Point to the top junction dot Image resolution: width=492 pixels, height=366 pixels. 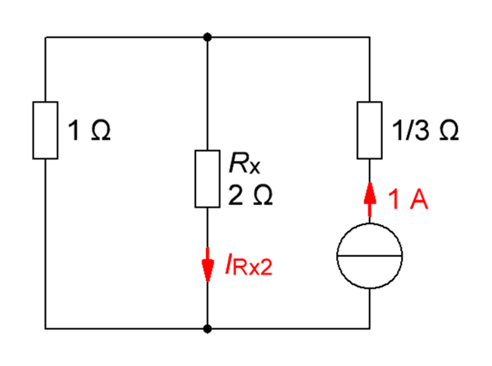[208, 38]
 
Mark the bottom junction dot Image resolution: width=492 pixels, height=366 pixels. [208, 328]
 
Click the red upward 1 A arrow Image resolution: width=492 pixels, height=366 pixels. [369, 199]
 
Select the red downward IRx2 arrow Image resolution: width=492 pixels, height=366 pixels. [208, 264]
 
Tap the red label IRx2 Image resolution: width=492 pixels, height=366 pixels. [249, 266]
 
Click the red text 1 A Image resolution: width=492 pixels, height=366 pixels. [408, 199]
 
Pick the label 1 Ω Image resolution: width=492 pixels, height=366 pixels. [89, 130]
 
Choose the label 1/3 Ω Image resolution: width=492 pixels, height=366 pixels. [425, 130]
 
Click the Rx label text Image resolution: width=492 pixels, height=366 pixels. [244, 163]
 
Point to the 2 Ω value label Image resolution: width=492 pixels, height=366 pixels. [250, 195]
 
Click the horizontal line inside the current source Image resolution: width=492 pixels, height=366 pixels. [369, 256]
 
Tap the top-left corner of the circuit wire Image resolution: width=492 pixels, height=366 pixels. [46, 38]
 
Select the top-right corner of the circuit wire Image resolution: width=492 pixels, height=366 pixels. [369, 38]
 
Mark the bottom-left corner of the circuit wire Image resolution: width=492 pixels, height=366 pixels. [46, 328]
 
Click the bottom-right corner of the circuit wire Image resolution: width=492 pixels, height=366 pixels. [369, 328]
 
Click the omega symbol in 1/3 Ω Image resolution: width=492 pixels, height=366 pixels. [449, 130]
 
